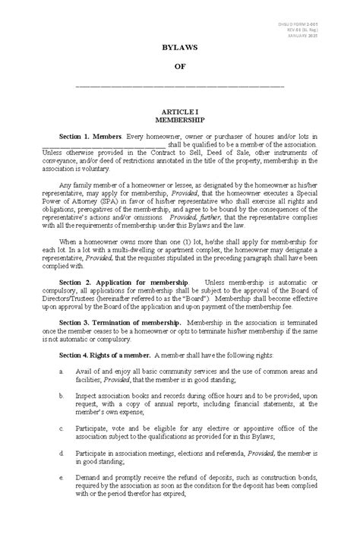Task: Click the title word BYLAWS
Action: [180, 47]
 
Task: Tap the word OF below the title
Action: [180, 67]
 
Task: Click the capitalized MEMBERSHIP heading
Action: [180, 120]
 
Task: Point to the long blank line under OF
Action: [180, 86]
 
